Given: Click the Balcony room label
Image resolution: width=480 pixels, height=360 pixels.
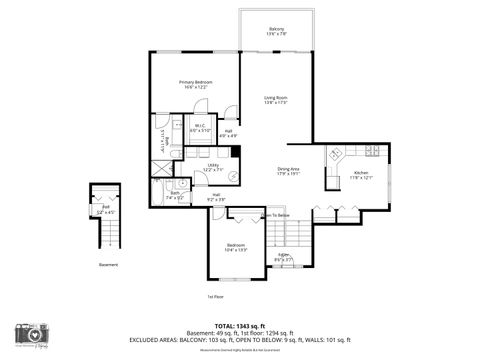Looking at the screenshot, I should tap(276, 31).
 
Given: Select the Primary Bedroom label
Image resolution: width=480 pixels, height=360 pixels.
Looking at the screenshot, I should tap(195, 84).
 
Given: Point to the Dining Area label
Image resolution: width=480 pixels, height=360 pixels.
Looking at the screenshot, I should tap(288, 171).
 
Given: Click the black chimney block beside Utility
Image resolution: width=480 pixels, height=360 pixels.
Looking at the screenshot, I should tap(236, 152).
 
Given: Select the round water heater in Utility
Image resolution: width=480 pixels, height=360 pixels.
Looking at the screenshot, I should tap(233, 176).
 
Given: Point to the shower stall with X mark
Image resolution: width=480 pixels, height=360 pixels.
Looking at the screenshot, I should tap(159, 166).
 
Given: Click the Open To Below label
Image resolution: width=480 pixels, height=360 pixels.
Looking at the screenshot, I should tap(275, 215).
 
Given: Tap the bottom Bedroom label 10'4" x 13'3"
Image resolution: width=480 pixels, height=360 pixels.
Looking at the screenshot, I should tap(235, 247).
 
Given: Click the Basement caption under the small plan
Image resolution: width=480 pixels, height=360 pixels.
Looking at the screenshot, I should tap(107, 265).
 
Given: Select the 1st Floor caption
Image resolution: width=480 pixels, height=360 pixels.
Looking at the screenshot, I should tap(215, 297).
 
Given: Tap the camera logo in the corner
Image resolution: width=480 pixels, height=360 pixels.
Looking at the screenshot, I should tap(29, 333).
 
